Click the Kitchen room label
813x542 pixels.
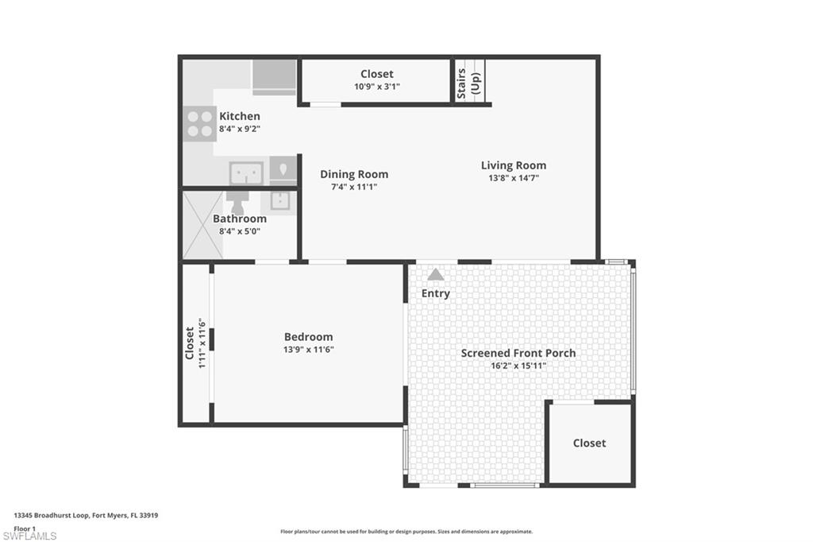coord(239,116)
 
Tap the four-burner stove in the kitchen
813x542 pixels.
coord(199,123)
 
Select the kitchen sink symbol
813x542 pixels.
coord(246,172)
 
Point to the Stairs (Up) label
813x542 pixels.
coord(468,82)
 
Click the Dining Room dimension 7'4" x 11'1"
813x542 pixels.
coord(354,188)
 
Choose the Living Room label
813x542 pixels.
coord(514,165)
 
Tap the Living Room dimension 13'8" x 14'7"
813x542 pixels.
coord(514,179)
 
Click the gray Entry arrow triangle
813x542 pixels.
coord(435,275)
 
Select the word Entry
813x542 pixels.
coord(435,293)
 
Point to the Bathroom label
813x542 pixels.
coord(239,219)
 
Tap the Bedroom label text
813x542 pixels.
coord(308,336)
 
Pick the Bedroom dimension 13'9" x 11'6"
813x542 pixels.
coord(308,350)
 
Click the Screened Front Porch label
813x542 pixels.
coord(518,353)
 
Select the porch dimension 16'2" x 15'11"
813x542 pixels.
coord(518,366)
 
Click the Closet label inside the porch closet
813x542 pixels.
coord(589,443)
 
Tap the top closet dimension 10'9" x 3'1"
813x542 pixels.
coord(376,87)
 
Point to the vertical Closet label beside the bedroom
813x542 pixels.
coord(190,343)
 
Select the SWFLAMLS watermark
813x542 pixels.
coord(29,536)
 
